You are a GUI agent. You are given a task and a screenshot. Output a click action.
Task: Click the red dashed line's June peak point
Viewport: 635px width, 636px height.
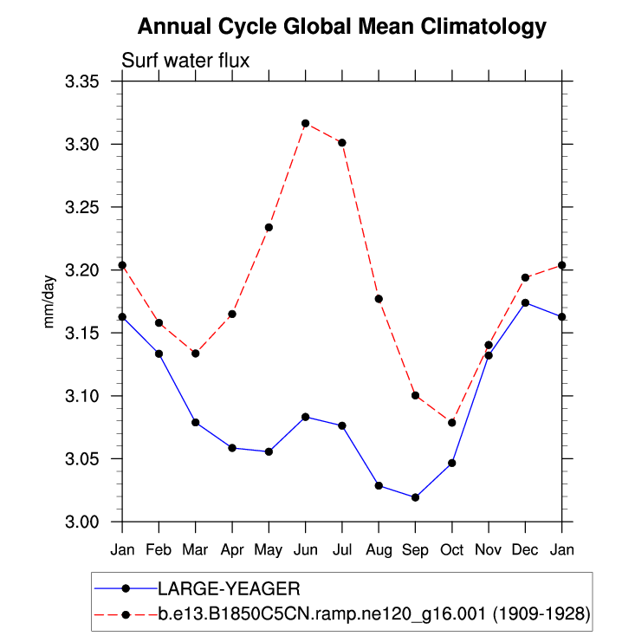[305, 123]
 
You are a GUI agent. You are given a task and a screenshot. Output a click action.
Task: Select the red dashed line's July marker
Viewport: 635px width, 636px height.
[342, 142]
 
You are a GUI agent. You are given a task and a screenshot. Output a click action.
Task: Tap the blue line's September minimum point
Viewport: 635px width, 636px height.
[415, 497]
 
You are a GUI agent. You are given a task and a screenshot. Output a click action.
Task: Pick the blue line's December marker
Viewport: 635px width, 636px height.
[525, 302]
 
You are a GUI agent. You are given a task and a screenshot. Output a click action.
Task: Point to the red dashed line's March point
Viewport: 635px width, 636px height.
[196, 354]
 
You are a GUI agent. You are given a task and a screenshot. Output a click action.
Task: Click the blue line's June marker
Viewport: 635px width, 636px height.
[305, 417]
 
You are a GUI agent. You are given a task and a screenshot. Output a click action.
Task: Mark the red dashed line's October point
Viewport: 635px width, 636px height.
[452, 422]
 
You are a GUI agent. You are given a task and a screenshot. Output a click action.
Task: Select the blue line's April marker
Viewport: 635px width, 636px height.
[232, 447]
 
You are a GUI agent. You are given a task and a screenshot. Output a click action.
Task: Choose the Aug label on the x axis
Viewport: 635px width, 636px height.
[379, 549]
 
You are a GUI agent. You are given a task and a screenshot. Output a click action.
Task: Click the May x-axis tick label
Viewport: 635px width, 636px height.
[269, 549]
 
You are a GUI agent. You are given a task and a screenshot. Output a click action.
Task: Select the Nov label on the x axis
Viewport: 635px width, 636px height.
[489, 549]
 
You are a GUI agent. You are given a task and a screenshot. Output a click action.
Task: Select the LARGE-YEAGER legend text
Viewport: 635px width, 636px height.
[229, 588]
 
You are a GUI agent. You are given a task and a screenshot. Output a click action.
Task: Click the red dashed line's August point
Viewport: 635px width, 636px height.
[379, 299]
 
